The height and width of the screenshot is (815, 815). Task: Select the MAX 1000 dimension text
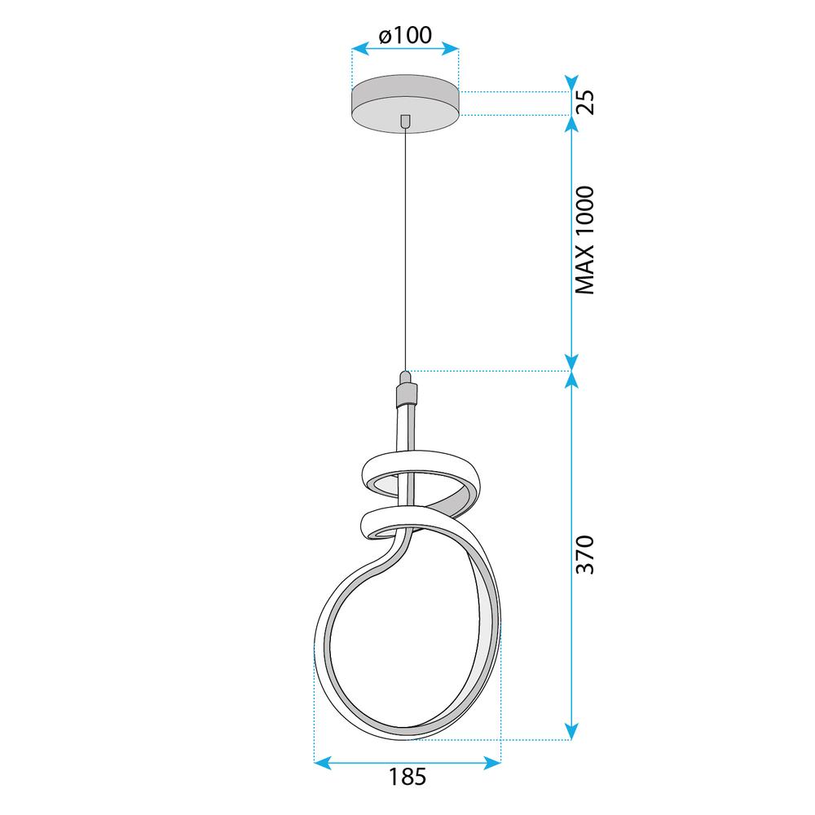click(x=585, y=240)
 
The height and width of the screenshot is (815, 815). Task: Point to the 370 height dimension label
click(x=585, y=554)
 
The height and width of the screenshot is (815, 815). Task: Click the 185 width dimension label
click(x=407, y=776)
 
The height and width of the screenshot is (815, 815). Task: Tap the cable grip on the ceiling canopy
click(x=405, y=120)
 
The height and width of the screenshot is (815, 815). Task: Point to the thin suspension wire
click(x=405, y=244)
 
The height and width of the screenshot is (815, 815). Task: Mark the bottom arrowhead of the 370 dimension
click(x=572, y=732)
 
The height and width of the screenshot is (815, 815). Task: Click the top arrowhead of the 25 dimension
click(x=572, y=83)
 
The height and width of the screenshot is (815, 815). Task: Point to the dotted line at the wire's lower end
click(x=489, y=372)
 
